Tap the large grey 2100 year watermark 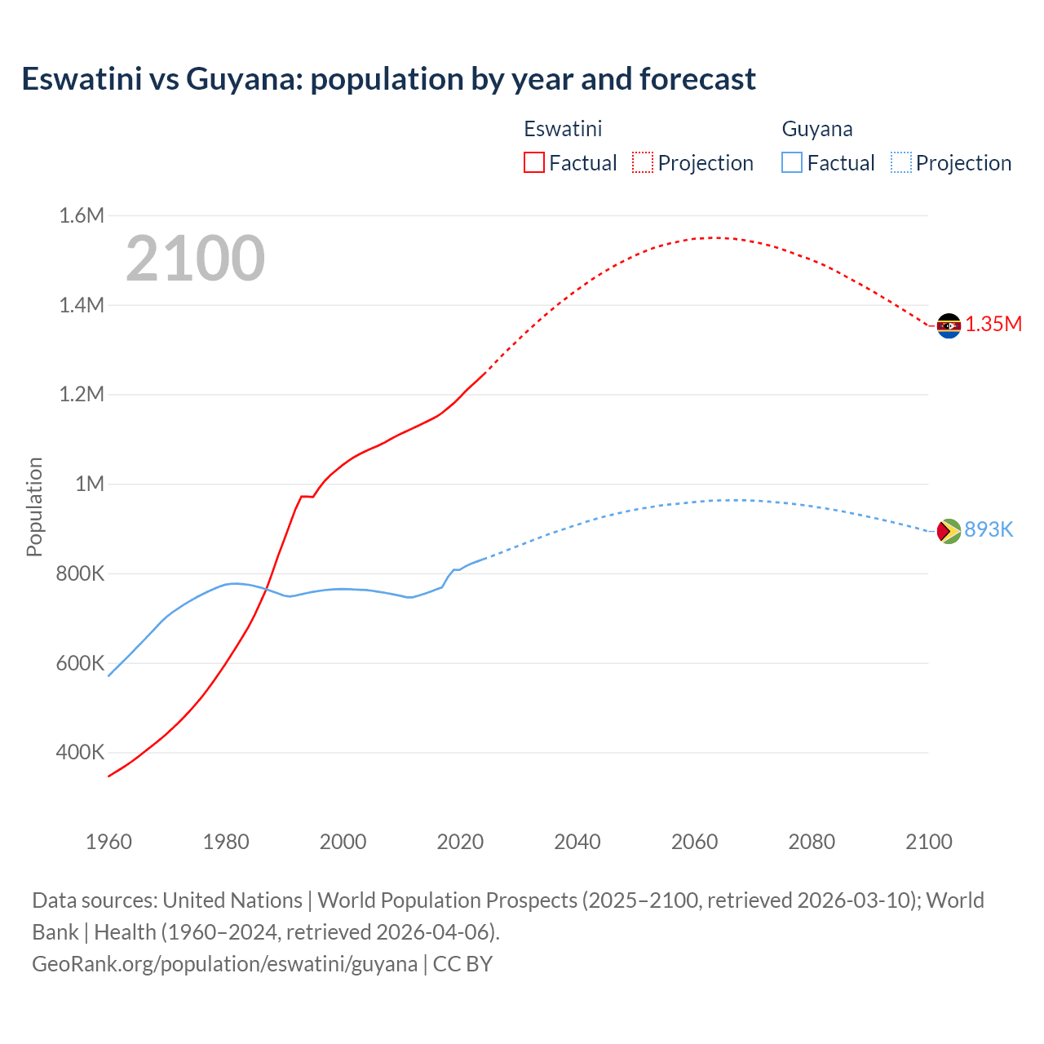pos(195,259)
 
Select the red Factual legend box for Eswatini pos(533,162)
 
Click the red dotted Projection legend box pos(643,162)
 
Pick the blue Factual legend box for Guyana pos(791,162)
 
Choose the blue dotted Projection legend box pos(900,162)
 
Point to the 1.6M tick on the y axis pos(82,215)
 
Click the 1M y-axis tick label pos(90,484)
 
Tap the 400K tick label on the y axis pos(80,752)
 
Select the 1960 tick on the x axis pos(108,842)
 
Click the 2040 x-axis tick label pos(577,842)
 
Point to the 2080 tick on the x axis pos(812,842)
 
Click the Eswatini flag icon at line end pos(949,325)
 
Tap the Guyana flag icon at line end pos(949,531)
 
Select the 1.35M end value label pos(993,324)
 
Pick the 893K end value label pos(989,529)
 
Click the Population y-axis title pos(34,507)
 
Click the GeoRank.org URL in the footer pos(224,964)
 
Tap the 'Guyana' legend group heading pos(817,129)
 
